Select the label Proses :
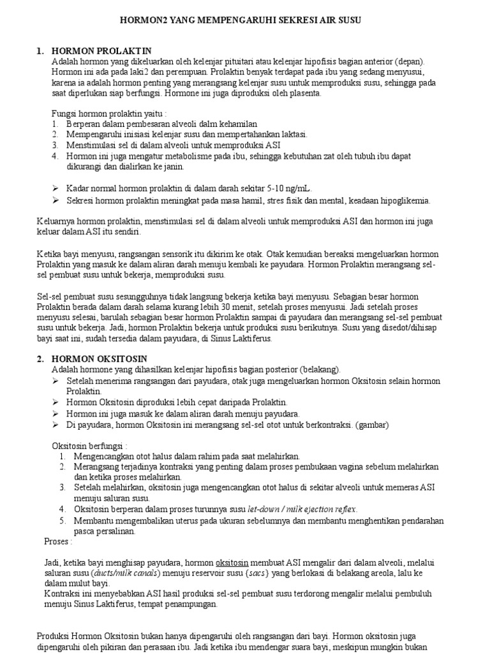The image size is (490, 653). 58,541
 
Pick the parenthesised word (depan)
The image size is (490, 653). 409,61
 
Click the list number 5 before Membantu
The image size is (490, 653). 63,520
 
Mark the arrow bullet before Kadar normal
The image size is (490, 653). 55,189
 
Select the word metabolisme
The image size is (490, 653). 181,156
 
